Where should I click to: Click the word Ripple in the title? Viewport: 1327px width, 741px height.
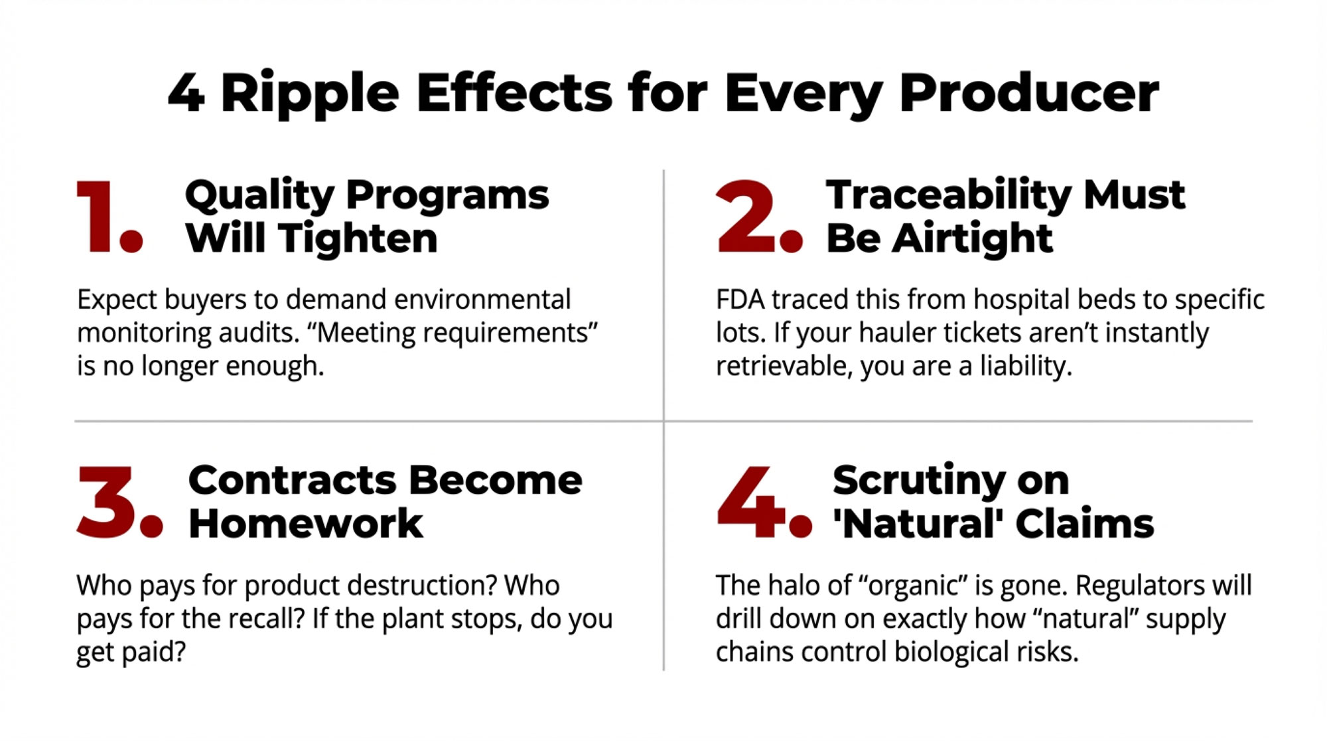(309, 94)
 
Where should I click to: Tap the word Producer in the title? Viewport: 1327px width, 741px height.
(1029, 94)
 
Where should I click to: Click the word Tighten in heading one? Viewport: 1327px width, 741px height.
(358, 238)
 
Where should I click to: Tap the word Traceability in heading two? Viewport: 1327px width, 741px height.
(949, 195)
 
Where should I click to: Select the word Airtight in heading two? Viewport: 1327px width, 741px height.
(972, 238)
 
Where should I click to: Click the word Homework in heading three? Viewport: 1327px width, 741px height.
(305, 524)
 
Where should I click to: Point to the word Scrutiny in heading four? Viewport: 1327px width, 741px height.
(919, 481)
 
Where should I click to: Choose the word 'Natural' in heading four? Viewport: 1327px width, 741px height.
(918, 524)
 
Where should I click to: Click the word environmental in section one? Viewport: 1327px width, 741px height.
(482, 300)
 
